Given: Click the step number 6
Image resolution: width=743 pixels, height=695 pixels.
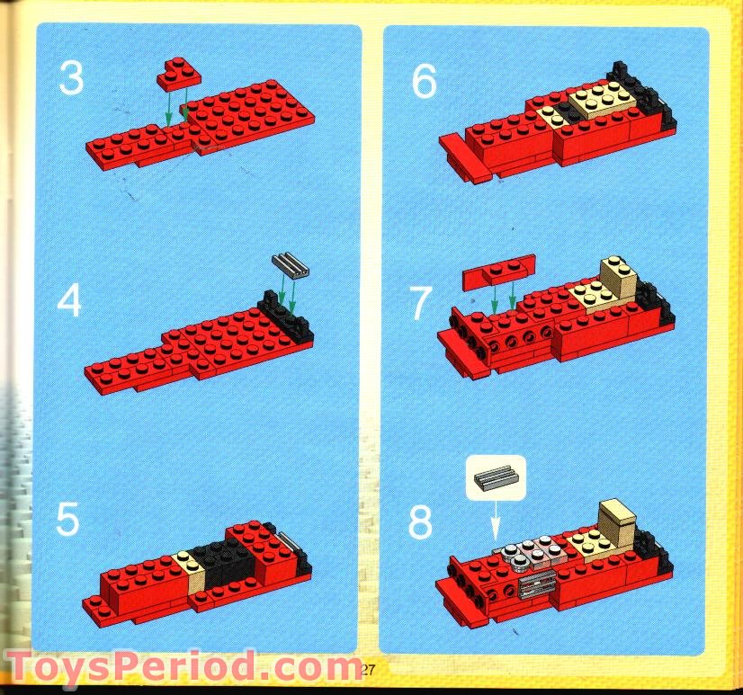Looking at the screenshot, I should click(424, 83).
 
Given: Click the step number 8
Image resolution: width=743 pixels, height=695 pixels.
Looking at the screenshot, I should click(421, 522).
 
